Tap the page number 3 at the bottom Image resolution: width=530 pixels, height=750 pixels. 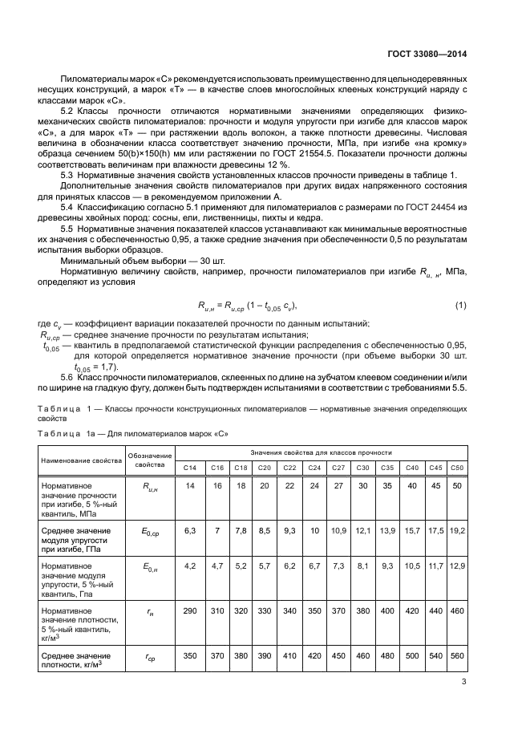click(464, 683)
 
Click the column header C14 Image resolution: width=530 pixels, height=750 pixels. click(190, 468)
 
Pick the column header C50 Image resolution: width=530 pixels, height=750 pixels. click(457, 468)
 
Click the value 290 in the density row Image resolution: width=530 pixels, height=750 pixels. click(190, 611)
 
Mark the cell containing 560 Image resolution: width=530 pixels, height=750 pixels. click(457, 655)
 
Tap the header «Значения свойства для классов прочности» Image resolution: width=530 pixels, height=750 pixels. click(320, 452)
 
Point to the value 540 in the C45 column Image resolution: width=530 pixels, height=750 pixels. click(435, 655)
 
